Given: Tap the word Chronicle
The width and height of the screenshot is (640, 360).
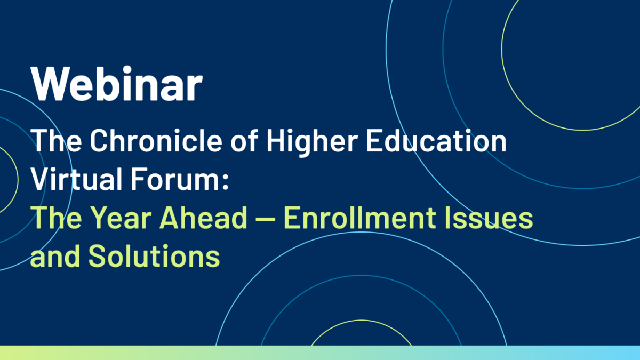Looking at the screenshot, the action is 156,141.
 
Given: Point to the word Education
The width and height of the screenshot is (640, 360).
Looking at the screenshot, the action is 437,141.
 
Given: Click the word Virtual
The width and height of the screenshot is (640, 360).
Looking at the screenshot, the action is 77,179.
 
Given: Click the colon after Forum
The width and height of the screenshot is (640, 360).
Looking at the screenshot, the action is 226,182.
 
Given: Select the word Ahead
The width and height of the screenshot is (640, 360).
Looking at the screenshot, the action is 203,218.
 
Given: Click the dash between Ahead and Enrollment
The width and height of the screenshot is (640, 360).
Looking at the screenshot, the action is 266,219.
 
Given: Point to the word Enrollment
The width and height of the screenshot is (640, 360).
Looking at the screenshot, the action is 360,218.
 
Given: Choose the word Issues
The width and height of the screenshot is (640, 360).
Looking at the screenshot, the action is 489,218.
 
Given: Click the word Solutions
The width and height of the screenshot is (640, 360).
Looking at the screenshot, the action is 154,256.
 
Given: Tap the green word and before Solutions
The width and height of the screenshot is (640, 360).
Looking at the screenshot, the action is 55,256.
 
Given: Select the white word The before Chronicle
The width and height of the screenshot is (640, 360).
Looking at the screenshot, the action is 56,141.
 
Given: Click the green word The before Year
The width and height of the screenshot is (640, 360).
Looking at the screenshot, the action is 56,218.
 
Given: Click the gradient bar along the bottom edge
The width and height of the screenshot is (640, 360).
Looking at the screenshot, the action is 320,353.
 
